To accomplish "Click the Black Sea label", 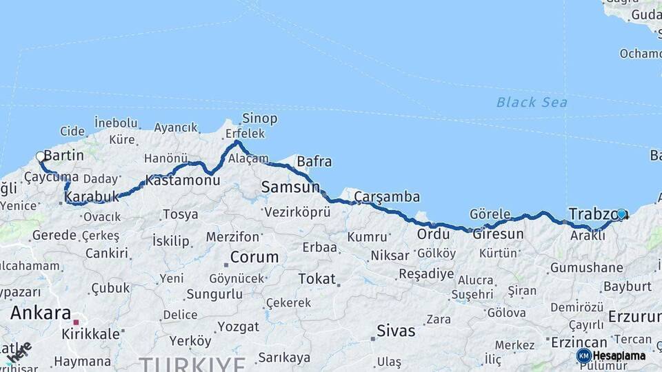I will [x=532, y=103].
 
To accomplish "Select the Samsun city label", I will [x=290, y=187].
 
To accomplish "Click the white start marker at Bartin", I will [x=40, y=156].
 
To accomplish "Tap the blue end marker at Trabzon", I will [x=621, y=214].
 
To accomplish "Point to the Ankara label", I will [x=40, y=313].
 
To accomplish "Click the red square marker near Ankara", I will [x=77, y=322].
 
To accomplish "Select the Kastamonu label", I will [x=182, y=180].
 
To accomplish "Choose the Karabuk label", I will [x=92, y=198].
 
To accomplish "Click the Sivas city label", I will [x=396, y=331].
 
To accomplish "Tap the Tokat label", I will [x=317, y=279].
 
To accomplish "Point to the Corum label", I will [x=254, y=258].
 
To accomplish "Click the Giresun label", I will [x=498, y=234].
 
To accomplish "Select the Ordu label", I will [x=433, y=234].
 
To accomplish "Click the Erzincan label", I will [x=578, y=342].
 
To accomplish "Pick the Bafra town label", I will [x=314, y=163].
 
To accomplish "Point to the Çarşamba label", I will [x=387, y=197].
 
